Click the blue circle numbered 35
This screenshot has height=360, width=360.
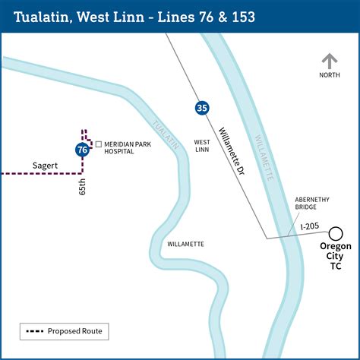pyautogui.click(x=201, y=107)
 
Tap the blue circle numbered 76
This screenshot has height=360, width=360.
pyautogui.click(x=82, y=150)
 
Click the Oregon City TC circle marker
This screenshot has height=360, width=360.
pyautogui.click(x=335, y=232)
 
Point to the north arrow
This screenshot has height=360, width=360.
pyautogui.click(x=329, y=62)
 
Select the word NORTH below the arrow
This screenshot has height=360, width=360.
pyautogui.click(x=330, y=75)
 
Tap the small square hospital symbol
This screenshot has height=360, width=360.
pyautogui.click(x=98, y=144)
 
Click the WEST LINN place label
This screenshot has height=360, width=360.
pyautogui.click(x=202, y=146)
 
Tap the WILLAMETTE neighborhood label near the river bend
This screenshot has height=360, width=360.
pyautogui.click(x=186, y=244)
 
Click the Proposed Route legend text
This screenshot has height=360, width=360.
pyautogui.click(x=74, y=331)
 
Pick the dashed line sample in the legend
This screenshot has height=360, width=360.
pyautogui.click(x=33, y=331)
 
